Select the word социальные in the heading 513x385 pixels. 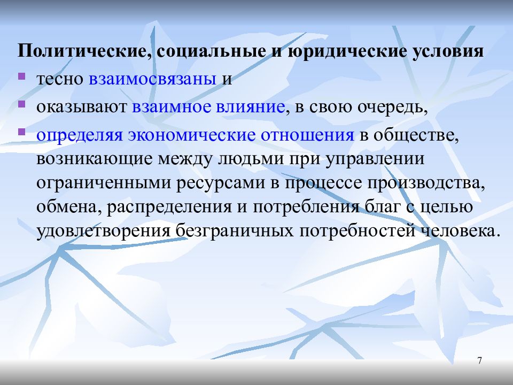pos(209,51)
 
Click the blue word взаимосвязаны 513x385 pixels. pos(152,79)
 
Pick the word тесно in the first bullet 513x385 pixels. pos(60,79)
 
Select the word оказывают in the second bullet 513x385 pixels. pos(81,107)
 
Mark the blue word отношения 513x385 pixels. pos(307,135)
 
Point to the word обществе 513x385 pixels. pos(416,135)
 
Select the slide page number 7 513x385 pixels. pos(480,360)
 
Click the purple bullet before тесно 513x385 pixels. pos(21,76)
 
